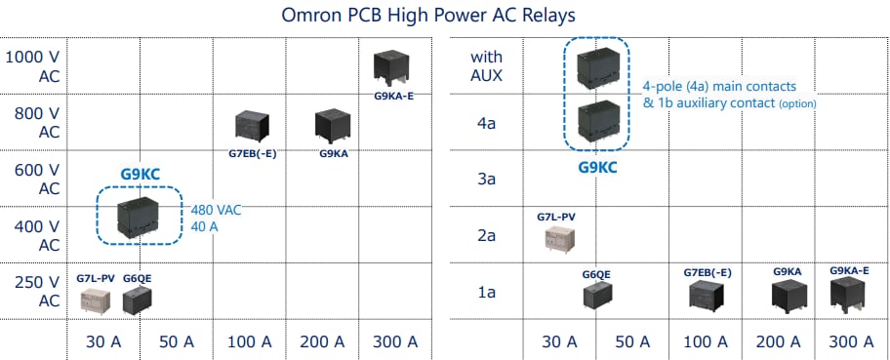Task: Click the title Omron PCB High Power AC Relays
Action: click(445, 16)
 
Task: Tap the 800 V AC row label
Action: click(36, 123)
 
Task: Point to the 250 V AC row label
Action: click(36, 291)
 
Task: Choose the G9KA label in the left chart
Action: click(334, 153)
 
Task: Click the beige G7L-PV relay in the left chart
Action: click(96, 300)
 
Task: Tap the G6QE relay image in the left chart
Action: click(139, 299)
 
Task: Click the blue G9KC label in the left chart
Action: click(140, 176)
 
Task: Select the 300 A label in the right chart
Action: click(850, 341)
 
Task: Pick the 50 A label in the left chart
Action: click(175, 341)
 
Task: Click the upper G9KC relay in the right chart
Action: click(597, 64)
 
